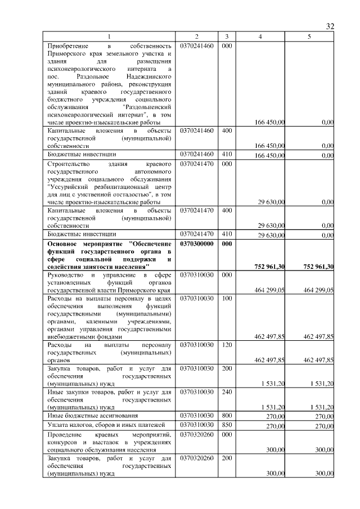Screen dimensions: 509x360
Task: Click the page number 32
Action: tap(330, 26)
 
